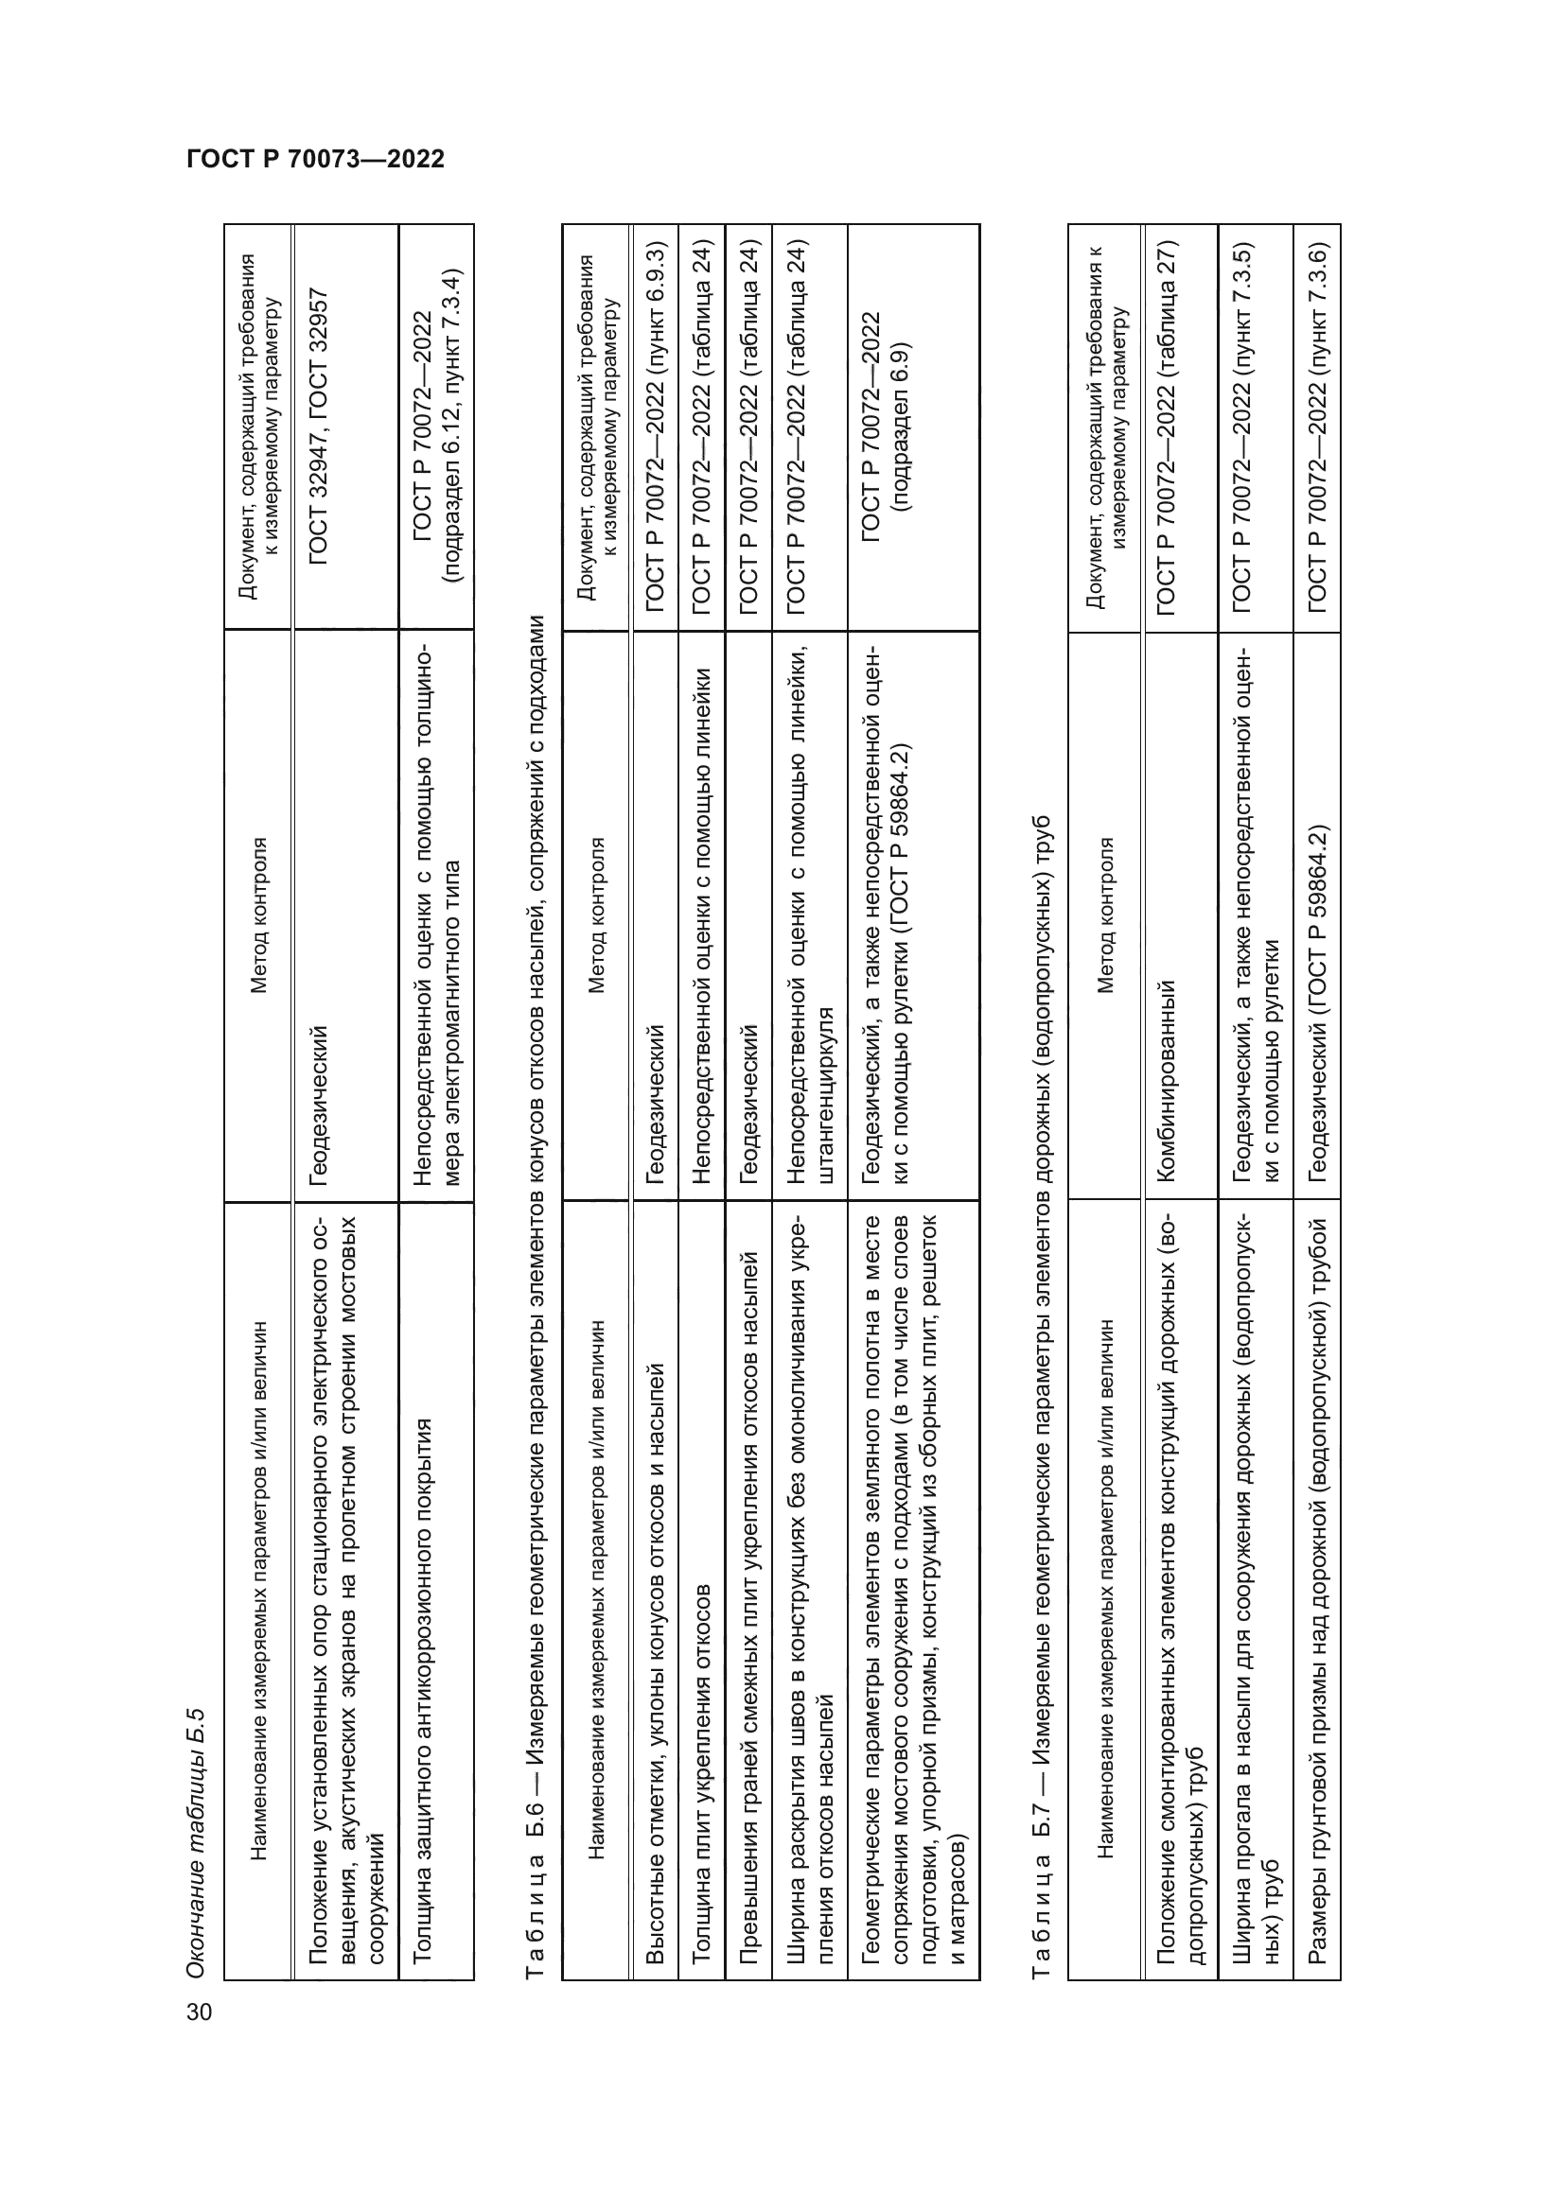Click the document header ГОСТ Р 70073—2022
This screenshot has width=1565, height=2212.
[315, 159]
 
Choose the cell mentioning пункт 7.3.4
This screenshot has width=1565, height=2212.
[436, 426]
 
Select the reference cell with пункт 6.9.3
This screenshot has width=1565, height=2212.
[655, 426]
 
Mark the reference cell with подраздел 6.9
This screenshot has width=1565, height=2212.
[887, 426]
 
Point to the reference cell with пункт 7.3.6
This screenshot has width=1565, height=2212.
[1317, 426]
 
